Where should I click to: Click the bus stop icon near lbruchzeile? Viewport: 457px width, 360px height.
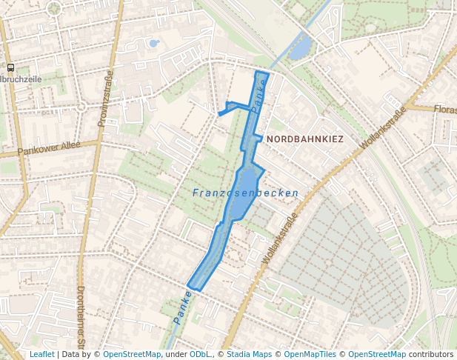pos(10,67)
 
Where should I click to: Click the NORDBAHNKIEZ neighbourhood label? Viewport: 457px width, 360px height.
pos(305,139)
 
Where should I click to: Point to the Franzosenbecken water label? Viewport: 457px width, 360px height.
pos(245,193)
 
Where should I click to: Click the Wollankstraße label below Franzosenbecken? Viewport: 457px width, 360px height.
pos(279,239)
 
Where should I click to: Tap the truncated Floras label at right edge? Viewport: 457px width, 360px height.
pos(445,110)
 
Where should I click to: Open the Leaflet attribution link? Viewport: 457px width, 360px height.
pos(41,355)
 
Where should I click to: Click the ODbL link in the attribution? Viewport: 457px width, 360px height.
pos(201,355)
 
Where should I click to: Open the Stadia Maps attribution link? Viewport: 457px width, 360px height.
pos(249,355)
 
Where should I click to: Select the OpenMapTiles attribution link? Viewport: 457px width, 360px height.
pos(310,355)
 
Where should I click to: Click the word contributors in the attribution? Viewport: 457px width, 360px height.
pos(431,355)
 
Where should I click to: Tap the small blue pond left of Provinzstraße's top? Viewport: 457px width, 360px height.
pos(153,43)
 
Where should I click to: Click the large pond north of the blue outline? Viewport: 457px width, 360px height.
pos(300,49)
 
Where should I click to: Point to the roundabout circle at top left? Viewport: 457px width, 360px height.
pos(53,8)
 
